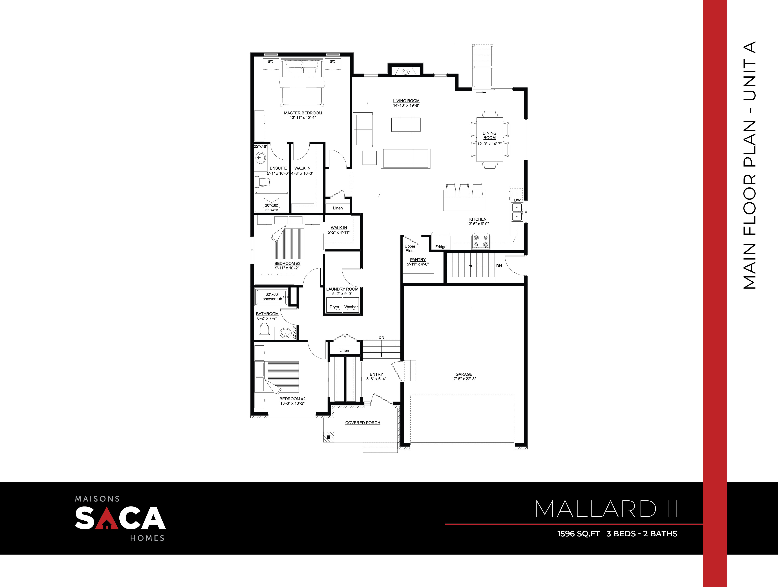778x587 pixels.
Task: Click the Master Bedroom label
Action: click(303, 113)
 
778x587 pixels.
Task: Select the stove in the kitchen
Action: click(481, 241)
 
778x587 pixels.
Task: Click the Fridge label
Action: click(441, 247)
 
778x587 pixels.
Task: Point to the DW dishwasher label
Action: click(517, 200)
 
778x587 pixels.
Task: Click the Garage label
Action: click(464, 374)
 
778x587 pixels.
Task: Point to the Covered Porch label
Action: click(363, 423)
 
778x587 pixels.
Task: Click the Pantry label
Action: click(418, 260)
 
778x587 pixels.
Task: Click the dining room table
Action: click(490, 140)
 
